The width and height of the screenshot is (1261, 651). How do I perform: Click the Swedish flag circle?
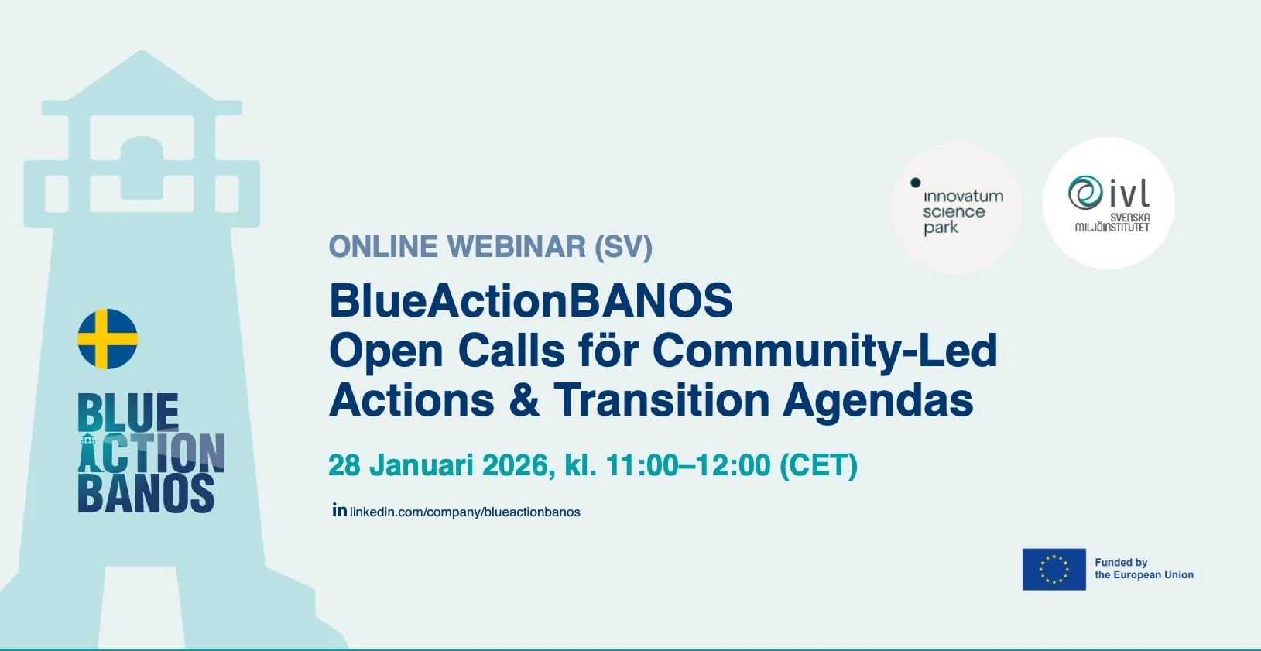point(108,339)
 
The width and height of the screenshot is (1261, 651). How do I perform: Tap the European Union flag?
point(1054,570)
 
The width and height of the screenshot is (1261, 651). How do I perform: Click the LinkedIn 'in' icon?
point(340,510)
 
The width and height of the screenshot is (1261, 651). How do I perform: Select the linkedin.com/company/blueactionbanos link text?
point(465,512)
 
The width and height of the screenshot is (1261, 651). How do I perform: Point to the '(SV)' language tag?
point(623,247)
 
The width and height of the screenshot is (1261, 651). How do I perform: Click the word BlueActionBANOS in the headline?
point(531,300)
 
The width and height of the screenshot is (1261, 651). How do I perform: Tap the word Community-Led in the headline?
point(824,351)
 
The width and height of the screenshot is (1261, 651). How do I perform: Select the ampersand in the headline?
point(524,400)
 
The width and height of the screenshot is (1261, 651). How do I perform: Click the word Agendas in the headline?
point(878,402)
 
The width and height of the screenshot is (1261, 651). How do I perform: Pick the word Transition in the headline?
point(661,400)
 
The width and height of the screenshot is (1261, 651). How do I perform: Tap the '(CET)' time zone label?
point(818,466)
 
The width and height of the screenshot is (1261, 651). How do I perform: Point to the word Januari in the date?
point(421,466)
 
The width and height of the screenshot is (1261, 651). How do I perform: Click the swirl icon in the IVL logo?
point(1085,194)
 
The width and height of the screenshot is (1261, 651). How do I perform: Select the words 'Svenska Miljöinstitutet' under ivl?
point(1112,222)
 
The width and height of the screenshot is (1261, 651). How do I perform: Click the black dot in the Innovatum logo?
point(915,183)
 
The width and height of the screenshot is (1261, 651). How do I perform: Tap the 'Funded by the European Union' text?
point(1144,569)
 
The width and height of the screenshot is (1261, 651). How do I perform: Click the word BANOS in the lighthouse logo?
point(146,493)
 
